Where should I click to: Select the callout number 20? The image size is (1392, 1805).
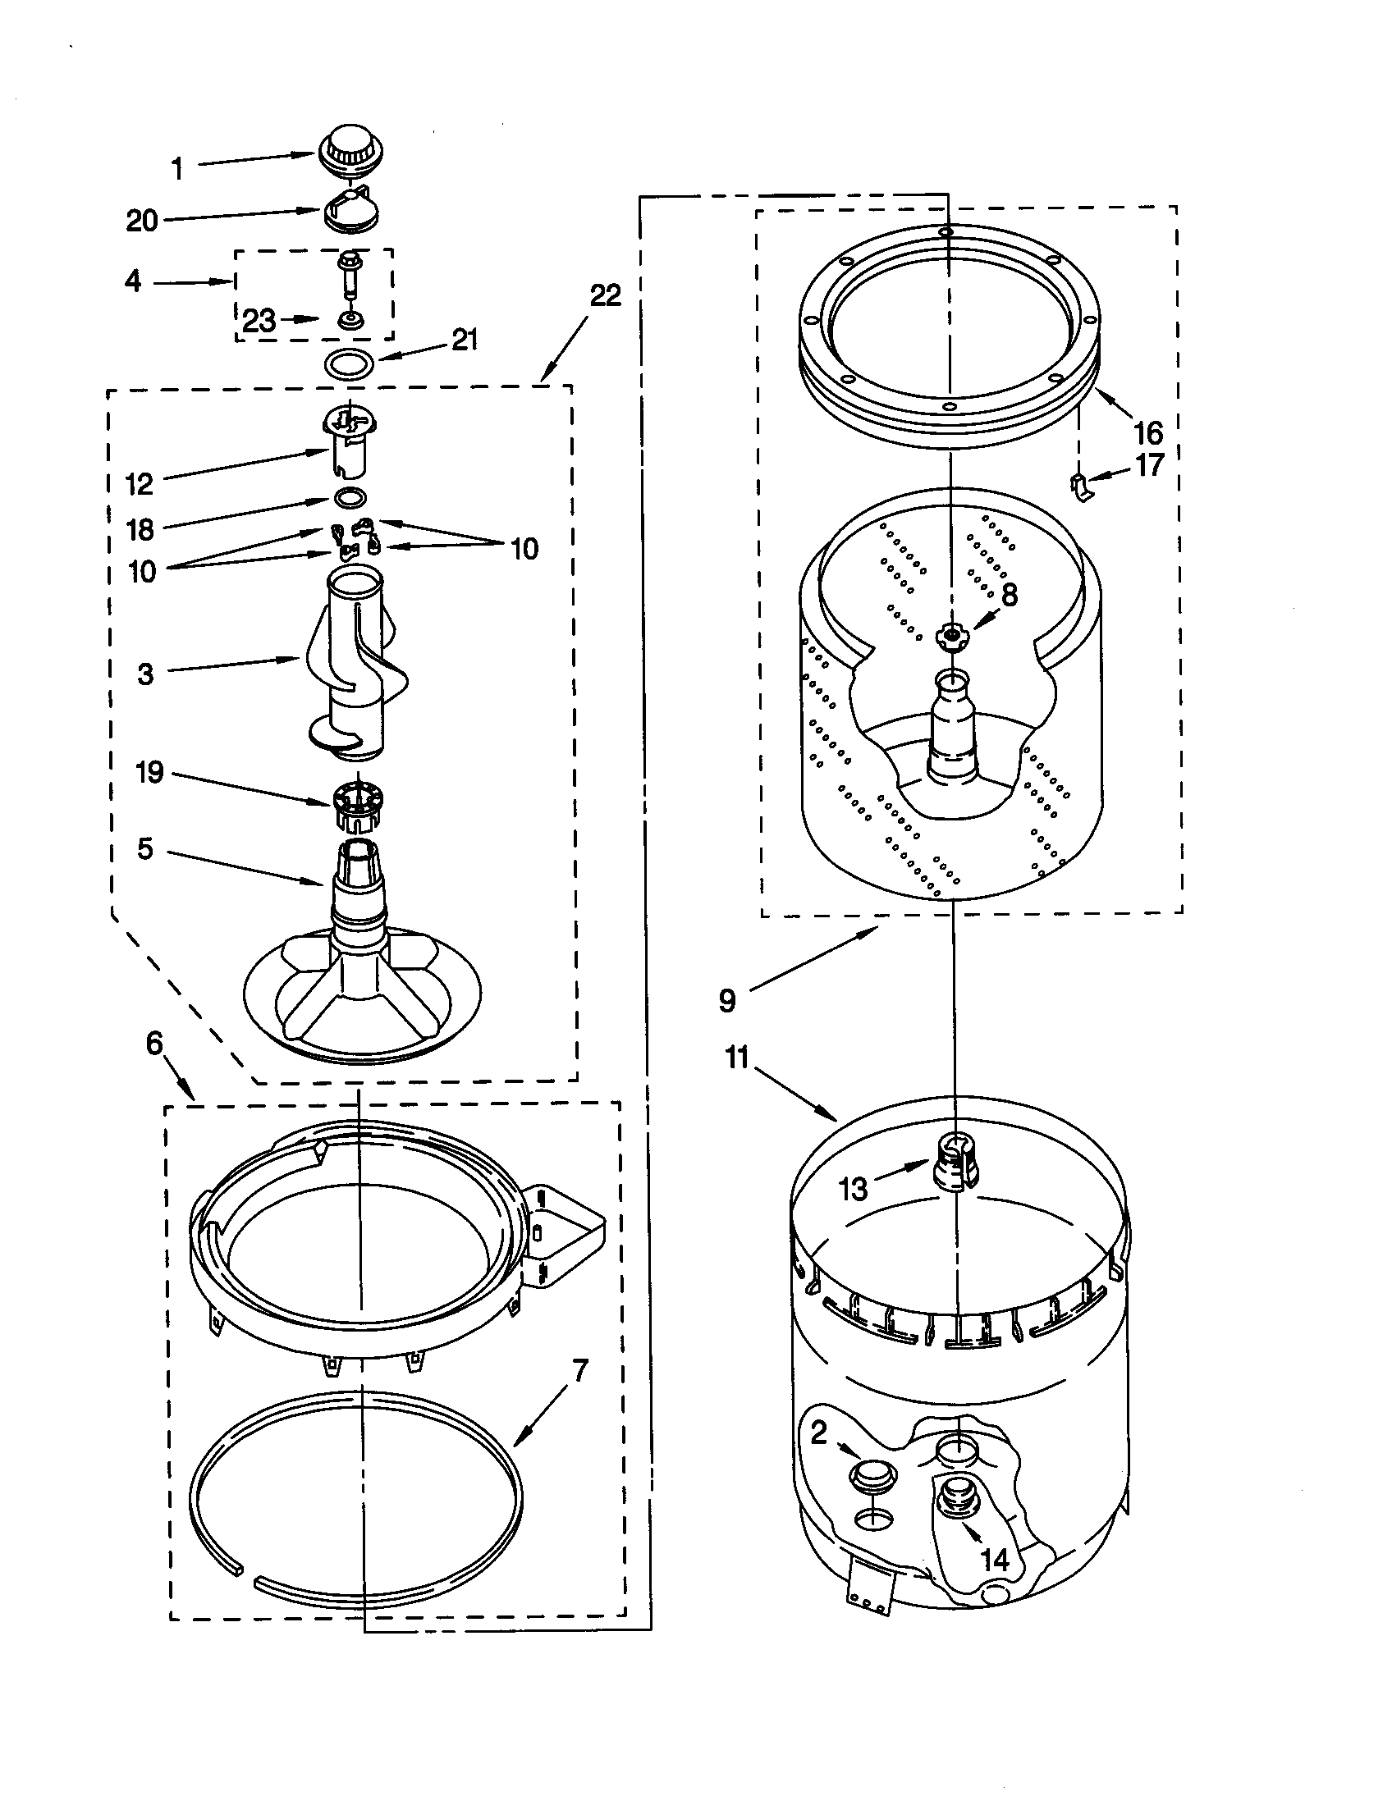tap(141, 221)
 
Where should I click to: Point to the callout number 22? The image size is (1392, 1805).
tap(605, 295)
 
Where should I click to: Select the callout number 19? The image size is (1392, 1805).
tap(149, 773)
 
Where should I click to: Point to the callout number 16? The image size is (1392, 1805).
tap(1148, 432)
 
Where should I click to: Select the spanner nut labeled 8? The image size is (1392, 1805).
tap(950, 636)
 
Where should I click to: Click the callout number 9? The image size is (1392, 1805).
tap(726, 1002)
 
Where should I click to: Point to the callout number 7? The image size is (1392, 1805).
tap(580, 1370)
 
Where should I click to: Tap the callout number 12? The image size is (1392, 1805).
tap(140, 484)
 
